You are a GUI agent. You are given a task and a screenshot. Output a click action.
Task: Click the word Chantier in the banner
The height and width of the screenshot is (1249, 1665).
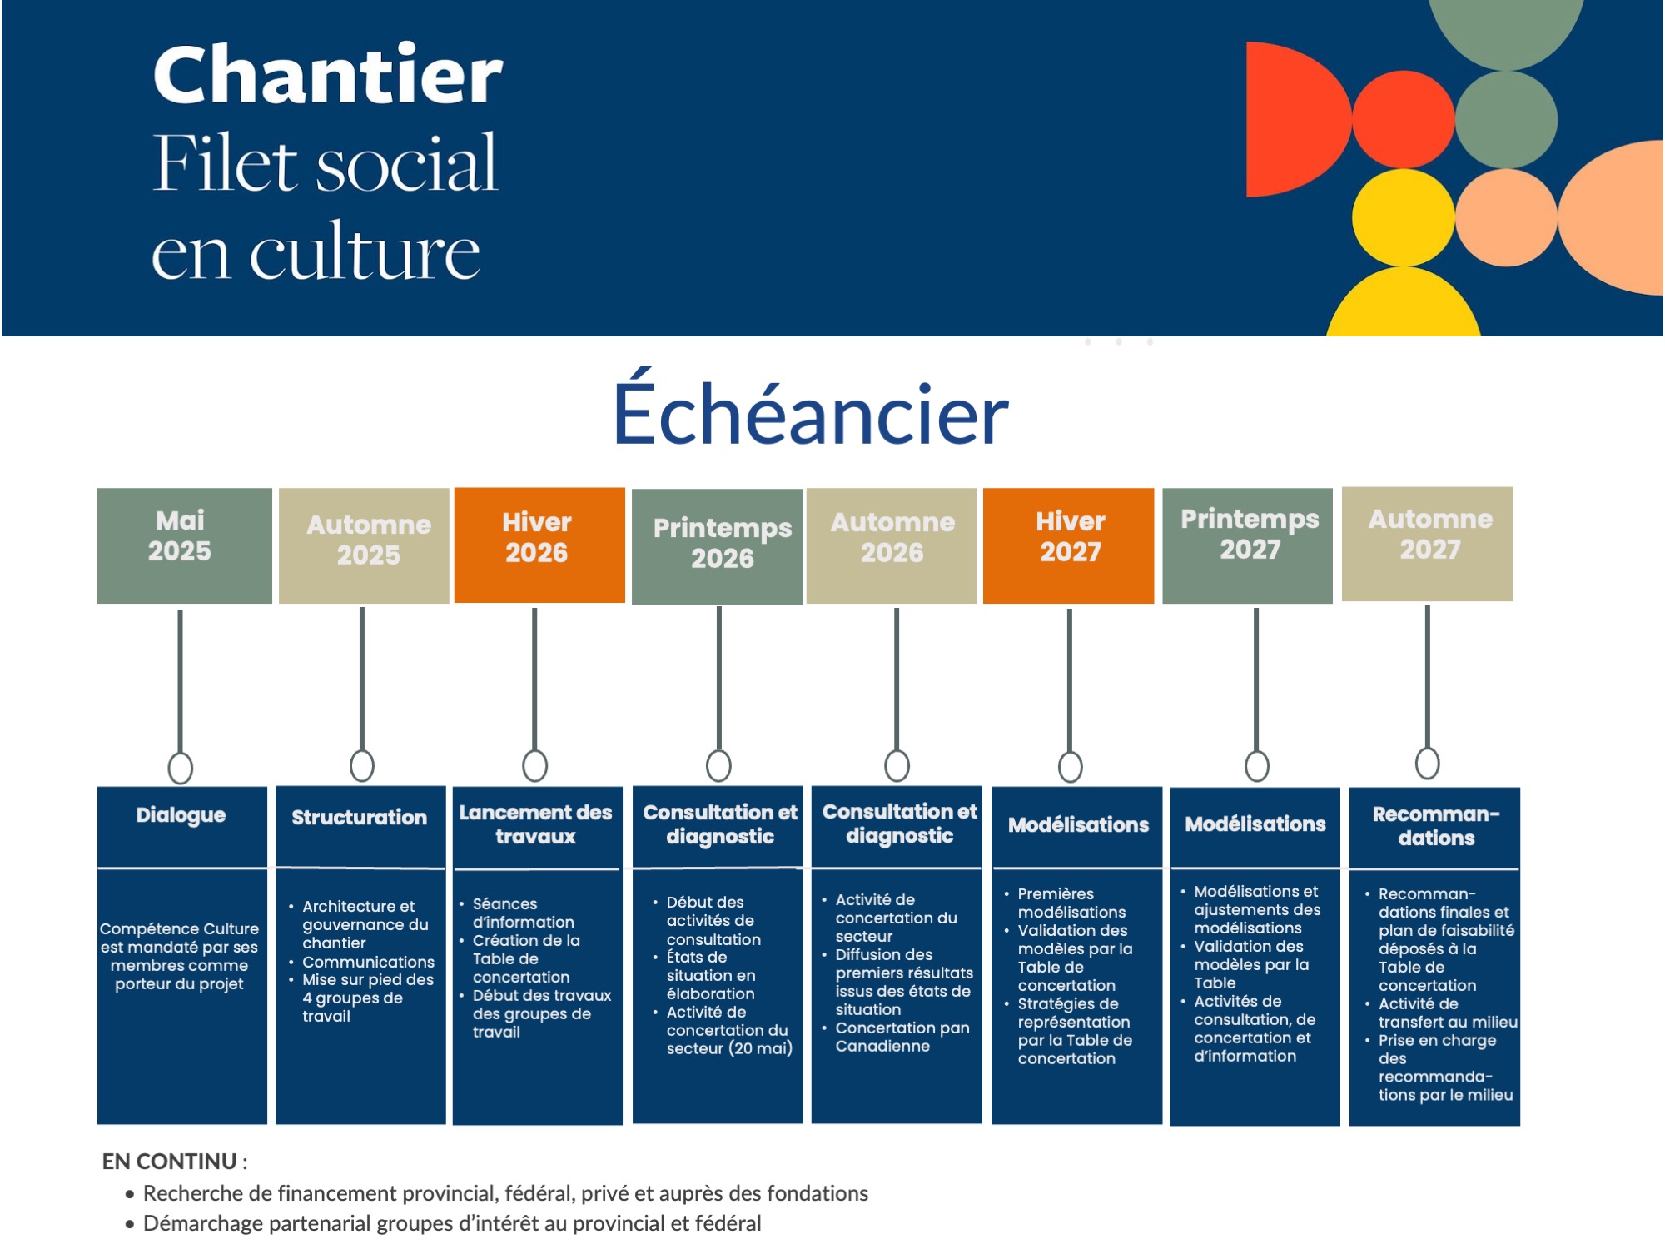tap(328, 75)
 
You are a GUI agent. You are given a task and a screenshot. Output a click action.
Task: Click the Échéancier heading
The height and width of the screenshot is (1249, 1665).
tap(811, 410)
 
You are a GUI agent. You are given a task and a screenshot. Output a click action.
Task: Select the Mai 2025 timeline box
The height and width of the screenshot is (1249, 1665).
tap(184, 545)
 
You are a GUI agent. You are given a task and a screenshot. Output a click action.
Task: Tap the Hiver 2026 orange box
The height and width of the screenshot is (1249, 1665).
tap(539, 545)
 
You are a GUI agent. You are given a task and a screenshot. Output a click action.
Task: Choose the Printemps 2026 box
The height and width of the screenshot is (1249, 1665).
tap(718, 546)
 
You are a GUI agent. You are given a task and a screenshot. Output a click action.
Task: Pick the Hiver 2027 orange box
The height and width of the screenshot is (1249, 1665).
tap(1068, 545)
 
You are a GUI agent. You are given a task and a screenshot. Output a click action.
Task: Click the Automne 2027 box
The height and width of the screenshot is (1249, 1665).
tap(1427, 544)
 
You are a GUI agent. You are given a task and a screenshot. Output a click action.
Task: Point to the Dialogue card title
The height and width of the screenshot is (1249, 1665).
tap(181, 815)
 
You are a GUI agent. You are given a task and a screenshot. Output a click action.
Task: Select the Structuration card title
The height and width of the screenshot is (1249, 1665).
tap(359, 818)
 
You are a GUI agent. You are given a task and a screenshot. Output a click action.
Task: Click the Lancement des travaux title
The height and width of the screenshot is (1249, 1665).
tap(535, 824)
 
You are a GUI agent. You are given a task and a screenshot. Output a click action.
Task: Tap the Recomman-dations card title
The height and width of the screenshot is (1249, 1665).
tap(1436, 826)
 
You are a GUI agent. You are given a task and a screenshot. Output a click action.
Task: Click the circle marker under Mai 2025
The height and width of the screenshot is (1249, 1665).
tap(180, 768)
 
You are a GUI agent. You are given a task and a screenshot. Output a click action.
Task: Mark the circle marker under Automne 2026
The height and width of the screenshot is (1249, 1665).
tap(897, 765)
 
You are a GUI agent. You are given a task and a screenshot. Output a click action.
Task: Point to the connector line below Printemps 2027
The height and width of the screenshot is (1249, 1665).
tap(1256, 679)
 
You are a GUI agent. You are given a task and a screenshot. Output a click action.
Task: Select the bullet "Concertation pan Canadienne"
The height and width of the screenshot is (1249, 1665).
tap(902, 1037)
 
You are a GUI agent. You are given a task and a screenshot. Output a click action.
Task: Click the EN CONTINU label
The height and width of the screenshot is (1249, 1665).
tap(170, 1162)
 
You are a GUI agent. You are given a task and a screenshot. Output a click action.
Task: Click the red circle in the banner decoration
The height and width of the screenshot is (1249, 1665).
tap(1404, 119)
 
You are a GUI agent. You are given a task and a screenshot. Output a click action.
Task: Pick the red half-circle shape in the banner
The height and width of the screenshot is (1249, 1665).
tap(1295, 119)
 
